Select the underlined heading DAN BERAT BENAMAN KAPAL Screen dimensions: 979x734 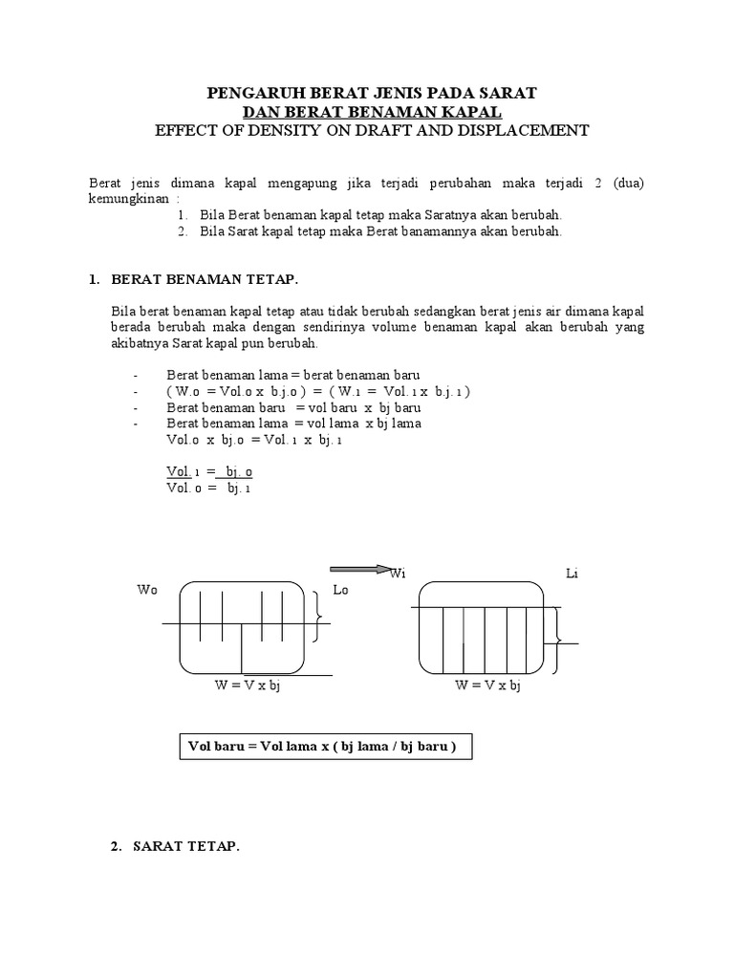tap(372, 112)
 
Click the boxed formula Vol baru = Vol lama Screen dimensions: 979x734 tap(326, 747)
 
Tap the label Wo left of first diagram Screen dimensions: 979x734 tap(146, 591)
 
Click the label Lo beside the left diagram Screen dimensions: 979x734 tap(340, 591)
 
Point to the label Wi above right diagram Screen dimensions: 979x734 tap(398, 574)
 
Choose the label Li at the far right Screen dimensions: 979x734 tap(572, 574)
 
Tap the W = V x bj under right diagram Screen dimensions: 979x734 tap(487, 685)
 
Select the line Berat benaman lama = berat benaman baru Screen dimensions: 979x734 tap(292, 375)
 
